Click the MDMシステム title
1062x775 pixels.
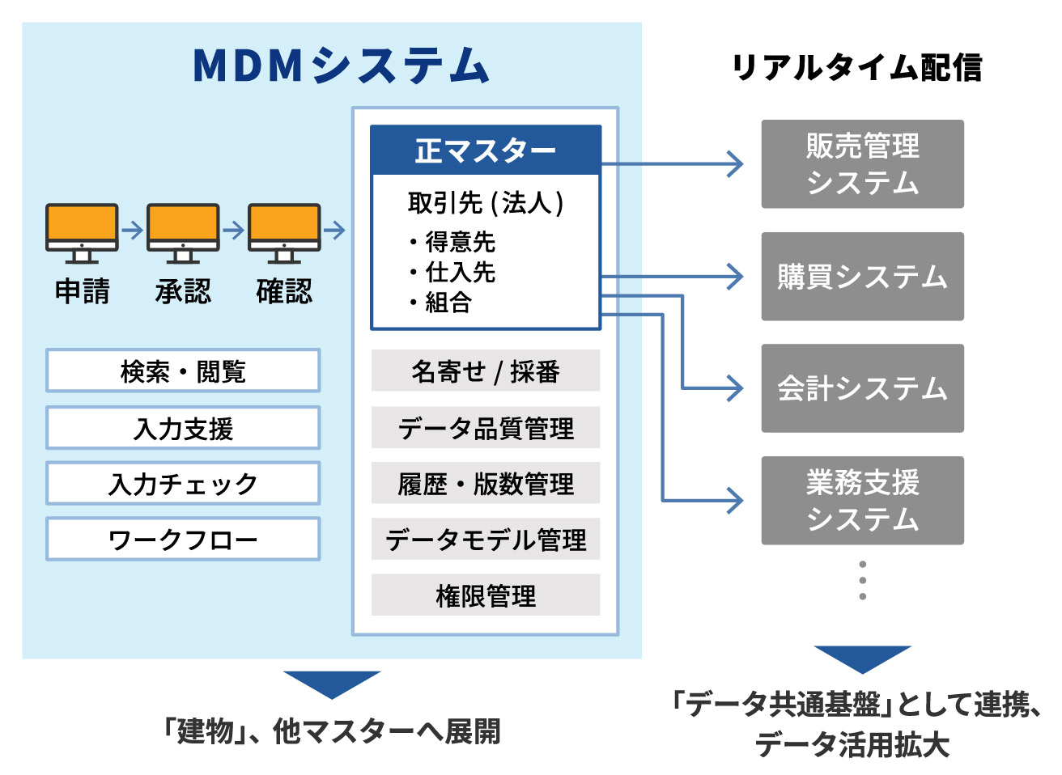341,66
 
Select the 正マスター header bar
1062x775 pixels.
486,150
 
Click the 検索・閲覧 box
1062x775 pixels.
183,371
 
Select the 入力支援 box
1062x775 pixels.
183,428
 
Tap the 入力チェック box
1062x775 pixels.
183,484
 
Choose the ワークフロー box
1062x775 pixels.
183,540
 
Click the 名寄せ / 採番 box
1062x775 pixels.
486,371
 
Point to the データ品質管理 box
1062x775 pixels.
486,428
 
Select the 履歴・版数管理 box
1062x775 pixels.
486,484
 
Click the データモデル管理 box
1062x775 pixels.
486,540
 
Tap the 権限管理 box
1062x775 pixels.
486,595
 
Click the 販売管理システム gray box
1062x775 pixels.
862,164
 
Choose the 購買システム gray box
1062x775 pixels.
862,277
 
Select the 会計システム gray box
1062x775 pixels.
862,388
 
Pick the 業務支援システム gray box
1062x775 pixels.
862,500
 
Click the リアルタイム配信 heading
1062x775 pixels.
856,67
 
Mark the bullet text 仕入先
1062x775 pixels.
460,272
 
